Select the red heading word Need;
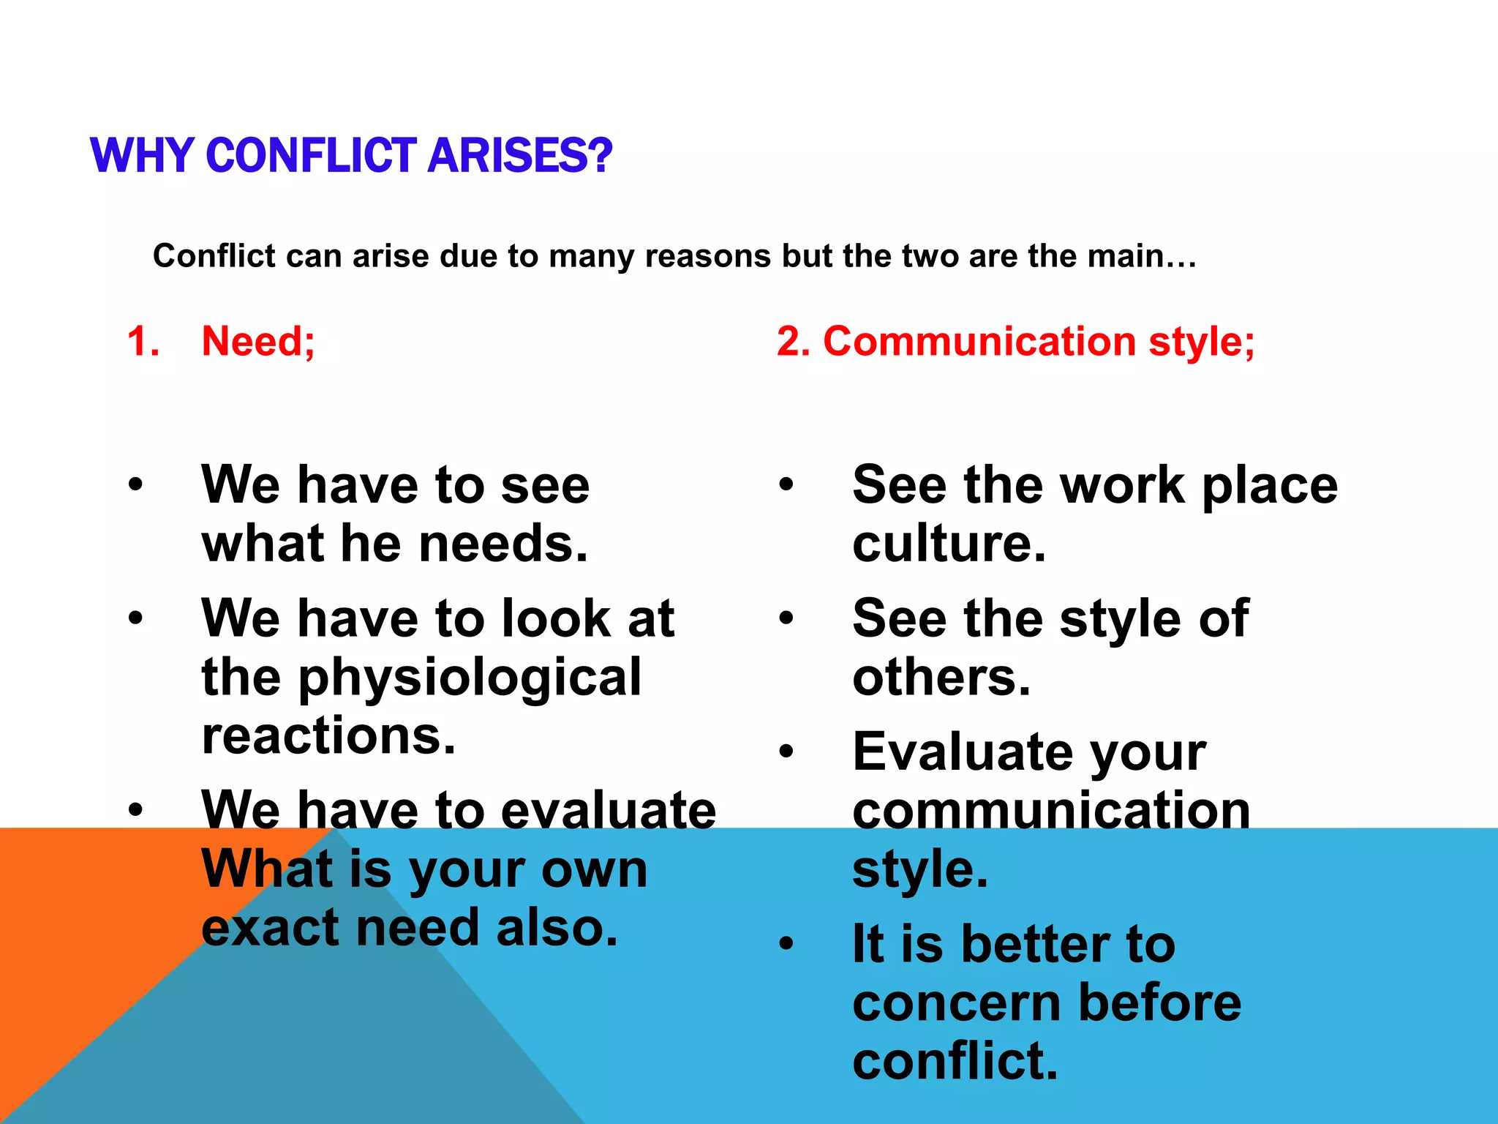click(x=258, y=341)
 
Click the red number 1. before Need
click(x=143, y=341)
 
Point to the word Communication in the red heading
click(x=979, y=341)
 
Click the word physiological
click(x=470, y=677)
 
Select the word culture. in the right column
click(x=949, y=544)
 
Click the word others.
click(x=941, y=677)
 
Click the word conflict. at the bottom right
click(x=955, y=1061)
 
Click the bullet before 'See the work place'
click(x=786, y=484)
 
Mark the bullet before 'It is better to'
click(x=786, y=943)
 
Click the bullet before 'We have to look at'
click(x=135, y=618)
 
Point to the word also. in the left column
click(x=557, y=927)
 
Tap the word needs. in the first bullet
click(x=504, y=544)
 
